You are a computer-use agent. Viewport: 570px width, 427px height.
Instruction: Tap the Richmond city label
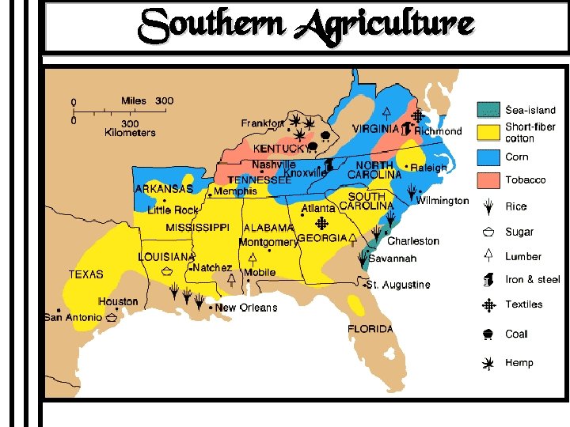[x=438, y=131]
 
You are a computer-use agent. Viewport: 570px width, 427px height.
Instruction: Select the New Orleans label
[x=246, y=308]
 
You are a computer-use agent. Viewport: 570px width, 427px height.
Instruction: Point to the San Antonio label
[x=73, y=317]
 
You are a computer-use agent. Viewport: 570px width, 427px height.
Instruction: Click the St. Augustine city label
[x=399, y=285]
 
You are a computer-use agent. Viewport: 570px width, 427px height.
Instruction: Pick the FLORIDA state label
[x=370, y=329]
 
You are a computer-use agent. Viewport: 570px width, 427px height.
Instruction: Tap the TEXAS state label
[x=85, y=274]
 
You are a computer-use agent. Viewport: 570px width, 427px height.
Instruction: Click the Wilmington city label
[x=443, y=201]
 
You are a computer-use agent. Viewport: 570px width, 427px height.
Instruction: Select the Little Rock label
[x=173, y=210]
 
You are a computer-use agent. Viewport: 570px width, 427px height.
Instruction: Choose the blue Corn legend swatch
[x=488, y=157]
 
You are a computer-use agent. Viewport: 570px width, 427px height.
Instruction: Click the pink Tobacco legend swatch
[x=488, y=180]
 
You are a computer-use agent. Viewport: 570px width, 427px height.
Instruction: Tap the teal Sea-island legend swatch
[x=488, y=110]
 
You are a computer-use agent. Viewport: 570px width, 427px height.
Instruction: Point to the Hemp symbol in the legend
[x=488, y=363]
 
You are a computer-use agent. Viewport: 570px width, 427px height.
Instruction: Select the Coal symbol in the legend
[x=488, y=334]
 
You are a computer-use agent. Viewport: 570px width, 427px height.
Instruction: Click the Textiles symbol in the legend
[x=488, y=304]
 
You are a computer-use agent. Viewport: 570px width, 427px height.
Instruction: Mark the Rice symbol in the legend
[x=488, y=206]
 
